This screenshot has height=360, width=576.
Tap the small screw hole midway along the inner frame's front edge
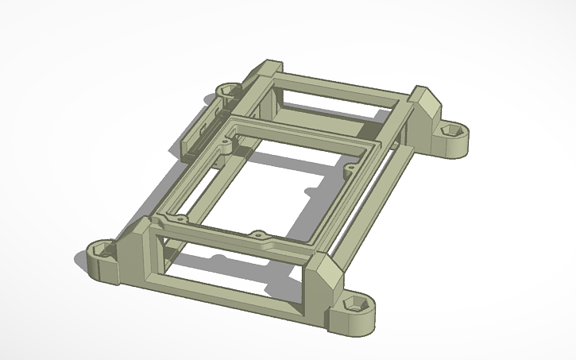[x=257, y=234]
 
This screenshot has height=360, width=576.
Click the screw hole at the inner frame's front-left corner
[x=180, y=218]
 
